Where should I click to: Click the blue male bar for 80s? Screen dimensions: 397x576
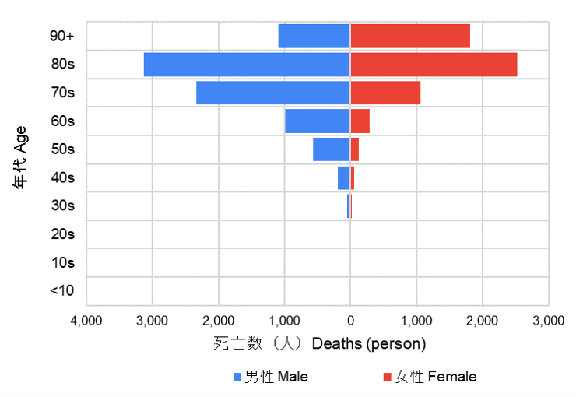coord(247,65)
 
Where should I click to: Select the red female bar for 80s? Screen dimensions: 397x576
coord(434,65)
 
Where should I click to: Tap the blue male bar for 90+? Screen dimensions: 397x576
coord(314,36)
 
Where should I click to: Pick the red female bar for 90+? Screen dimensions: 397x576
coord(410,36)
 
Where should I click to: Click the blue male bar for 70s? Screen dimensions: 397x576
coord(273,93)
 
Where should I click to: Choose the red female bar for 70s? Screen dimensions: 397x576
coord(385,93)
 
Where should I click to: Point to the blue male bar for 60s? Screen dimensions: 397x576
coord(318,121)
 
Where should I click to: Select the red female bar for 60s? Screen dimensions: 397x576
coord(360,121)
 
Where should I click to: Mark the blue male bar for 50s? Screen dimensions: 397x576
coord(332,149)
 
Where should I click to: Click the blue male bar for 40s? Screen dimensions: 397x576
coord(343,177)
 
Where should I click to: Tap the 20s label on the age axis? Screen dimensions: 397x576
coord(62,234)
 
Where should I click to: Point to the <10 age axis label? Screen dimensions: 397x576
coord(62,290)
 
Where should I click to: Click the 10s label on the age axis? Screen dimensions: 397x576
coord(62,262)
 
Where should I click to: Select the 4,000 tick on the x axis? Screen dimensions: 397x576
coord(86,320)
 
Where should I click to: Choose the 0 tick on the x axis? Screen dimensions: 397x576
coord(350,320)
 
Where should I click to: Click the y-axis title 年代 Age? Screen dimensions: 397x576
coord(22,156)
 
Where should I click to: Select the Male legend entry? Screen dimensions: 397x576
coord(272,377)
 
